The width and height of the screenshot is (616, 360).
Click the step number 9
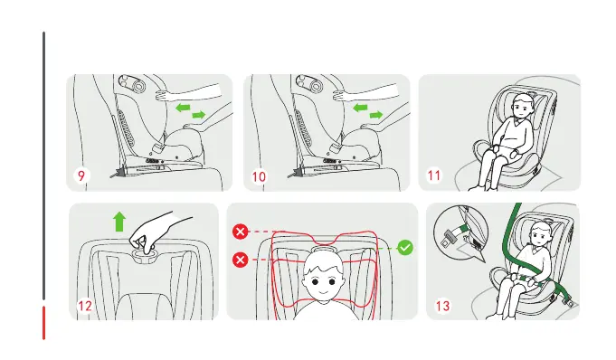81,175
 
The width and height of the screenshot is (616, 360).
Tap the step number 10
259,177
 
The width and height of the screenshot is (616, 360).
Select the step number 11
434,175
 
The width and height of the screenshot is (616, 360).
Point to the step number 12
85,306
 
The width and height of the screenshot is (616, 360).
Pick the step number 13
442,306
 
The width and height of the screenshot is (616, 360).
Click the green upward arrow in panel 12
119,222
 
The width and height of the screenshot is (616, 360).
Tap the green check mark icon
405,248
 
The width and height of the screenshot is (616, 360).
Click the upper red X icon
241,232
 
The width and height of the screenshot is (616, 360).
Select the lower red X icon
241,260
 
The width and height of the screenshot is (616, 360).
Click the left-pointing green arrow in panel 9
183,108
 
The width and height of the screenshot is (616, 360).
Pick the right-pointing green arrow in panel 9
199,115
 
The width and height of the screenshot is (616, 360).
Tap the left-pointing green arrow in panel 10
360,108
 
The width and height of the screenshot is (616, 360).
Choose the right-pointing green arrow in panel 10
376,115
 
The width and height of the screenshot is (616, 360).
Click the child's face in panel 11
521,108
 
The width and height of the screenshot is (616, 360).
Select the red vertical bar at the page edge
43,322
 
